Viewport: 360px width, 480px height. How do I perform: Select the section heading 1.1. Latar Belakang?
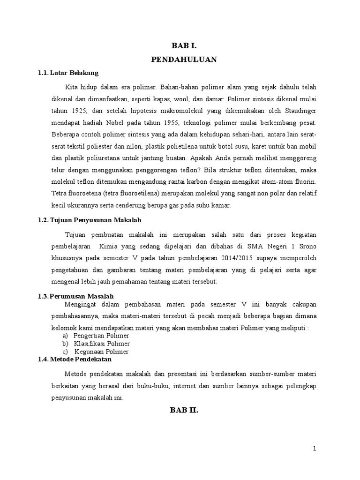tap(68, 73)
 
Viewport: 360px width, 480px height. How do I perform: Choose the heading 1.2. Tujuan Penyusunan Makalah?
tap(89, 219)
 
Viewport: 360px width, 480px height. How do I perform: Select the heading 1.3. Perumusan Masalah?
tap(75, 296)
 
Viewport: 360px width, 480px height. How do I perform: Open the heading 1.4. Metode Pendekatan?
tap(75, 359)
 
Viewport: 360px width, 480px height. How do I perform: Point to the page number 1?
tap(315, 449)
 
